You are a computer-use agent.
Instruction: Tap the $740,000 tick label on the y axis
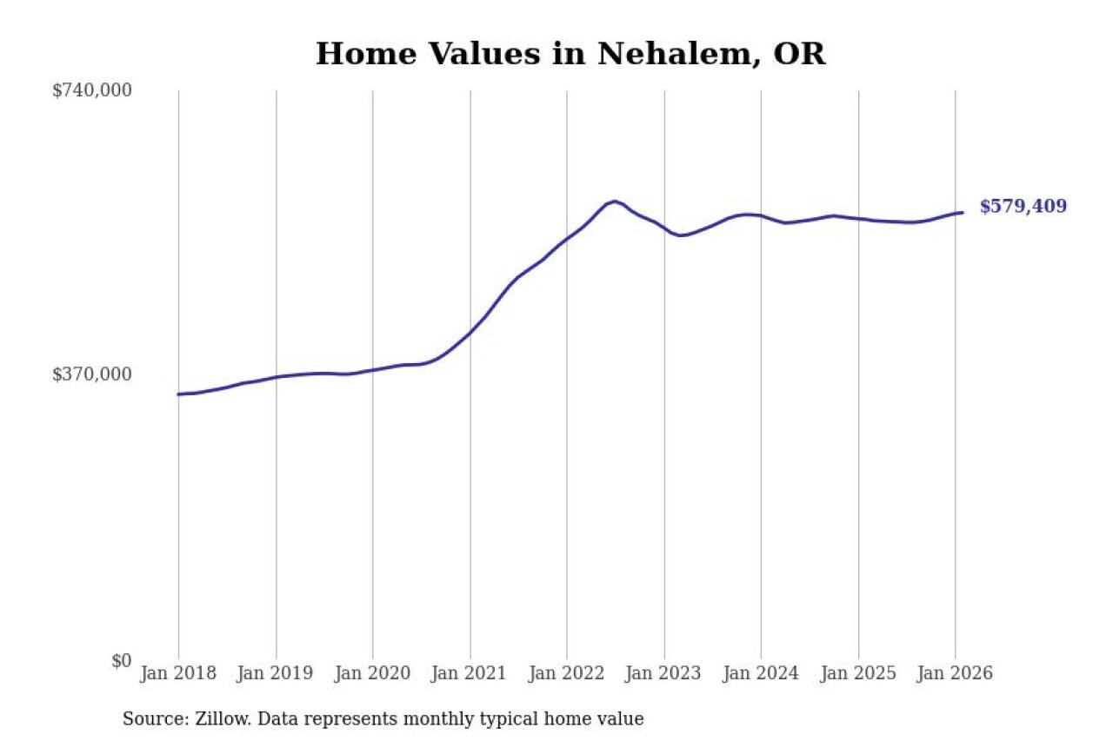tap(92, 90)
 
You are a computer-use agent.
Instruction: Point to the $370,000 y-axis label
tap(92, 374)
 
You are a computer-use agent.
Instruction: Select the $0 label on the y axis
tap(121, 660)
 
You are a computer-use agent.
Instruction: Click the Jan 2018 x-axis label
tap(178, 674)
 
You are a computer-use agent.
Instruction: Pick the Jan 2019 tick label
tap(276, 674)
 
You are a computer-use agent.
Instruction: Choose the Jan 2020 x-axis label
tap(373, 674)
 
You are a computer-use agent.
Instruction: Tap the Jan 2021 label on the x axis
tap(470, 674)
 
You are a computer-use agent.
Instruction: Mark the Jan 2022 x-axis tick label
tap(567, 674)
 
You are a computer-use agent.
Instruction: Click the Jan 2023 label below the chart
tap(664, 674)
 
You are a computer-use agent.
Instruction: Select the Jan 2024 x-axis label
tap(761, 674)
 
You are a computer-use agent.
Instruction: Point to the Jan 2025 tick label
tap(858, 674)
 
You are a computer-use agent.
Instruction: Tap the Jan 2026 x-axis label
tap(955, 674)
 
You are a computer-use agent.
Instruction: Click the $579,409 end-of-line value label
tap(1023, 207)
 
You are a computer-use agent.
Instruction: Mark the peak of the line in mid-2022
tap(615, 202)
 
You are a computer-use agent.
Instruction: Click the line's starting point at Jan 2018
tap(178, 394)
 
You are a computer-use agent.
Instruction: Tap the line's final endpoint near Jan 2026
tap(962, 212)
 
